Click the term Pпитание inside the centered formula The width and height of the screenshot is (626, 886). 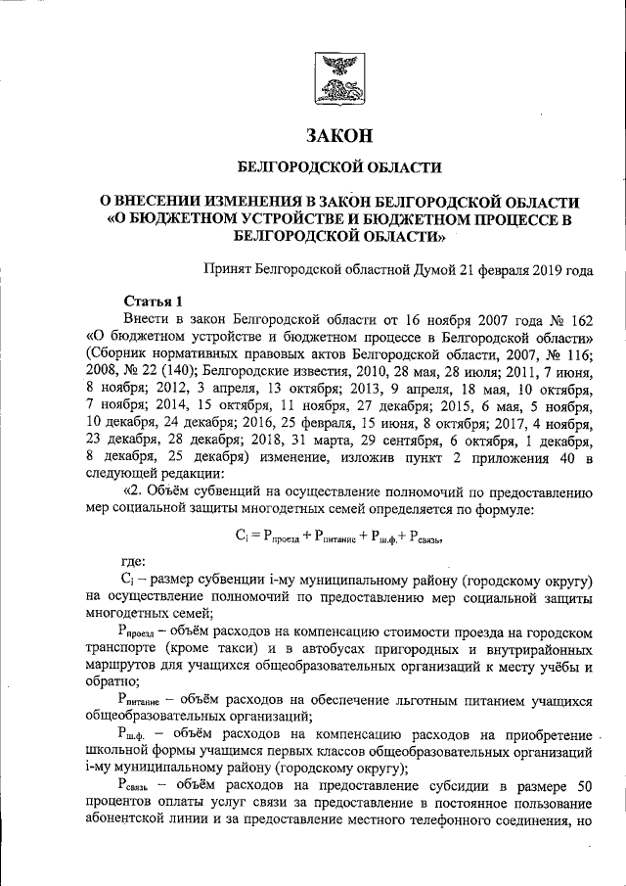pos(335,536)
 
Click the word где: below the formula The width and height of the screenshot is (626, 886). pos(134,562)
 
